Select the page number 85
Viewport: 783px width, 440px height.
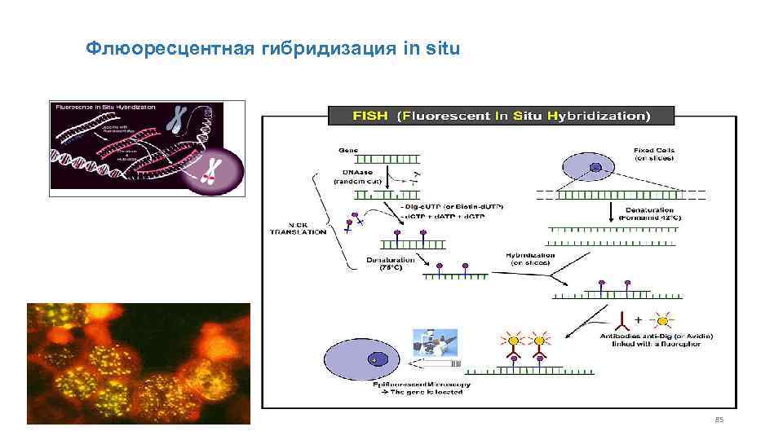[x=719, y=420]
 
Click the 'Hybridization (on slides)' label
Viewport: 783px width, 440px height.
[x=530, y=258]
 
